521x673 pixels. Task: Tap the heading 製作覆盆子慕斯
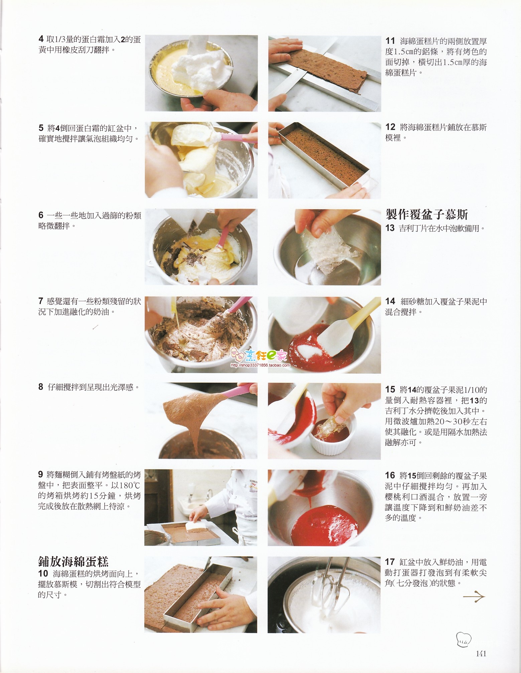[427, 214]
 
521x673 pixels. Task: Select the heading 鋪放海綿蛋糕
[73, 561]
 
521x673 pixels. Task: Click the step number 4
[41, 39]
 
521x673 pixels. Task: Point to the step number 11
[390, 41]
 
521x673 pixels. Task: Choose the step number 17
[390, 562]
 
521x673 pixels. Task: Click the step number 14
[390, 301]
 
